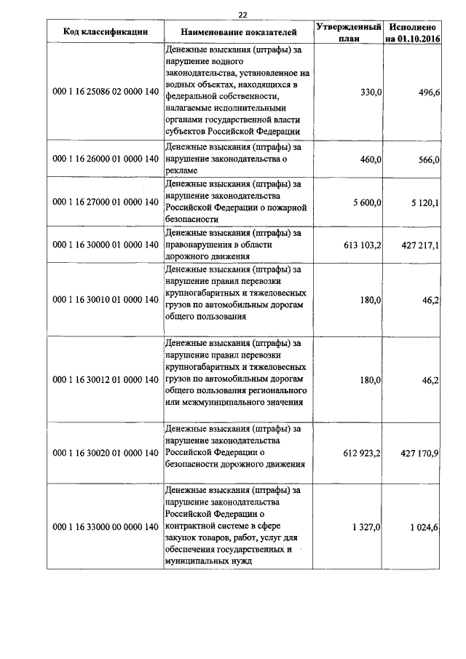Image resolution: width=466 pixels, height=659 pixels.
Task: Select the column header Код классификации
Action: (x=106, y=32)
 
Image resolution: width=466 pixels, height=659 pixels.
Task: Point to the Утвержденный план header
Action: (x=349, y=32)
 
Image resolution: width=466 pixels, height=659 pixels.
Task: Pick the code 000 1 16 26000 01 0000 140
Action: (x=106, y=158)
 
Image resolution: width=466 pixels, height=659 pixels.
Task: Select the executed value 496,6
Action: (x=427, y=92)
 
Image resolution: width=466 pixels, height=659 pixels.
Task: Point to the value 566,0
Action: (x=427, y=159)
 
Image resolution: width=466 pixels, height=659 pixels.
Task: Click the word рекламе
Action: (x=183, y=170)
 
